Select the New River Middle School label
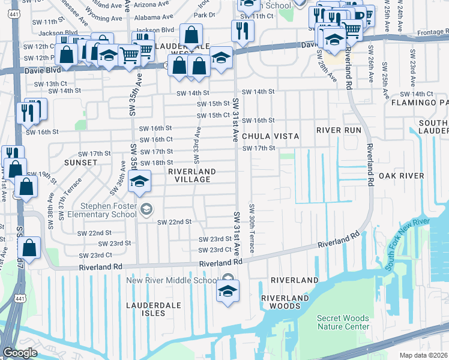point(172,280)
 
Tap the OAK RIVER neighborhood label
point(402,176)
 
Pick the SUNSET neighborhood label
point(80,163)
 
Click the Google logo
point(20,353)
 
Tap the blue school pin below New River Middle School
point(228,292)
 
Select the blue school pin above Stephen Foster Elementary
point(139,181)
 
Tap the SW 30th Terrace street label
point(252,229)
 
